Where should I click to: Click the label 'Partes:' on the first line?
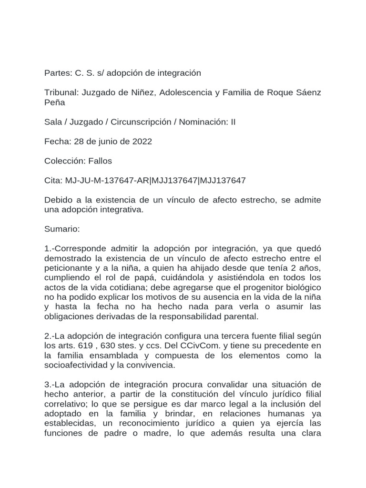point(58,73)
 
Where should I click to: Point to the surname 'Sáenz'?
point(308,92)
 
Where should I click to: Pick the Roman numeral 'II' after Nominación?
point(233,122)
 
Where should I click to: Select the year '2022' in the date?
point(142,141)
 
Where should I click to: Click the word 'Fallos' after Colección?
point(100,161)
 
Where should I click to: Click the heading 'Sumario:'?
point(62,229)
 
